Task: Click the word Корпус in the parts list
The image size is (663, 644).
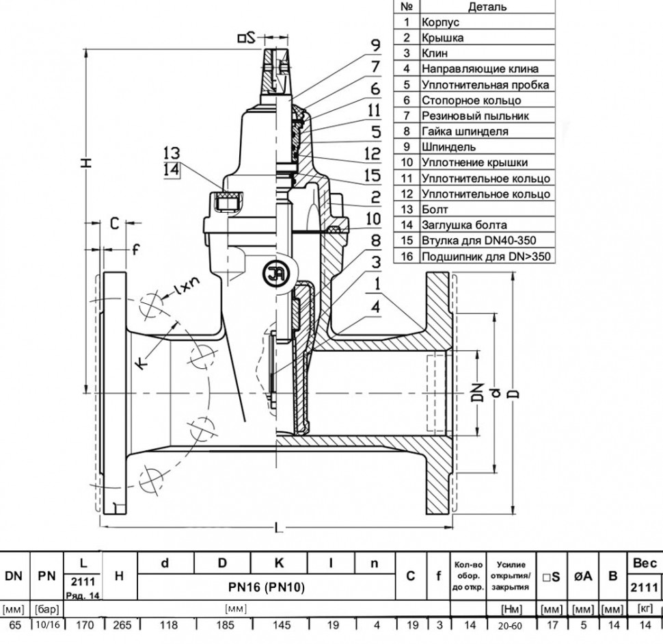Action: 440,23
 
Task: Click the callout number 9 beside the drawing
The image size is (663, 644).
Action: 375,45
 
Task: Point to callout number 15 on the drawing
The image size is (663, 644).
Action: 372,175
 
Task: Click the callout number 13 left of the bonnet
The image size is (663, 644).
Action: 172,153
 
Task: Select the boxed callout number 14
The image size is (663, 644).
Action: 172,169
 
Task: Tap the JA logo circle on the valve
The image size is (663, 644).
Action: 275,275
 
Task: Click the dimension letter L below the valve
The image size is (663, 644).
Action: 279,528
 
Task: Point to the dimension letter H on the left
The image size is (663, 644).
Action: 86,163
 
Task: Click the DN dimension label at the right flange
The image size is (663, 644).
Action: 478,393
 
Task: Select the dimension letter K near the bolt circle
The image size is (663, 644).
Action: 142,363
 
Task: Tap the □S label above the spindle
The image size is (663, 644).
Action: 247,38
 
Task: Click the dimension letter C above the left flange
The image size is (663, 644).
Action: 115,223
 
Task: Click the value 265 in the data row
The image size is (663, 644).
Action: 122,625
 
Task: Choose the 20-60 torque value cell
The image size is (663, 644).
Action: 510,626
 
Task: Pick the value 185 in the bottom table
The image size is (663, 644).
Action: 225,625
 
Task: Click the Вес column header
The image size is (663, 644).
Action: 645,563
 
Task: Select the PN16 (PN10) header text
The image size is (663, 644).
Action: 267,587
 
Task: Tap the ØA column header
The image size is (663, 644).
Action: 582,576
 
